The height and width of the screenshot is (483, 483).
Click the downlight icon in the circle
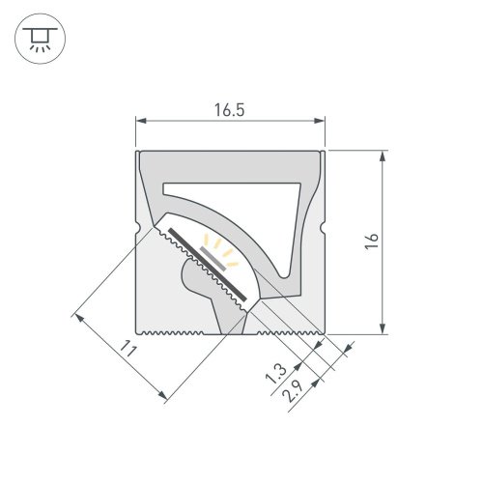point(38,38)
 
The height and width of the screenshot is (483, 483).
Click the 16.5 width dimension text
point(229,110)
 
